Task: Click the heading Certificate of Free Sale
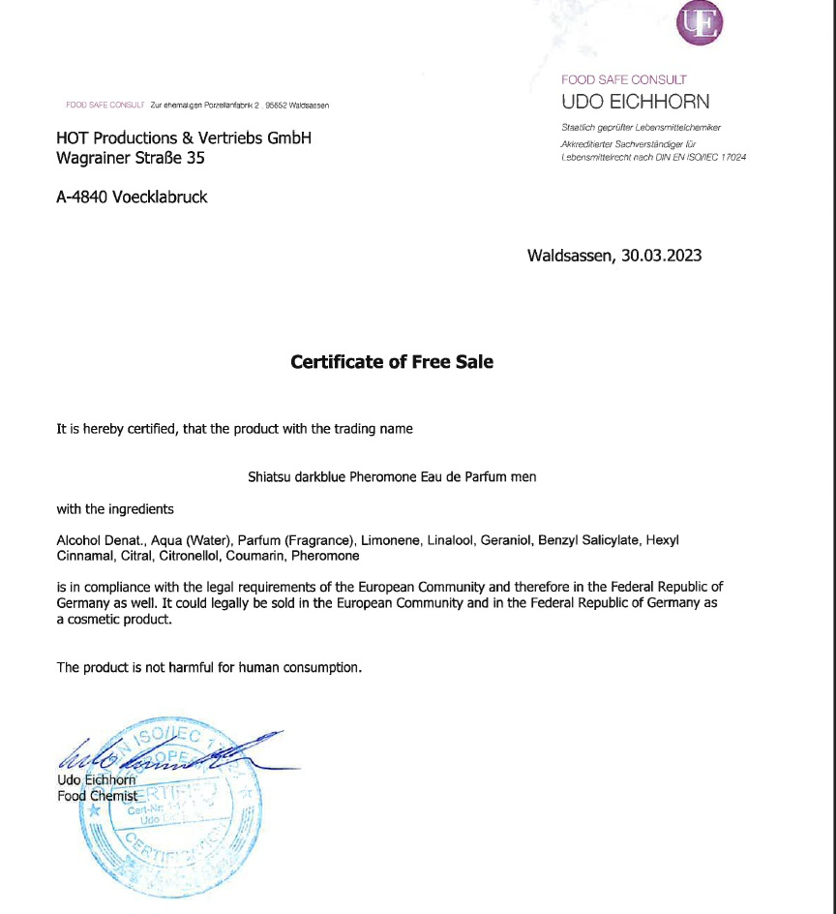coord(392,362)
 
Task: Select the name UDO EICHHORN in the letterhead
coord(635,102)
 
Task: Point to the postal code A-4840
coord(82,197)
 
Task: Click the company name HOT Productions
coord(117,137)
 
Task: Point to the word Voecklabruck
coord(160,197)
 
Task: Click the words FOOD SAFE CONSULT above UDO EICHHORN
coord(623,79)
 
